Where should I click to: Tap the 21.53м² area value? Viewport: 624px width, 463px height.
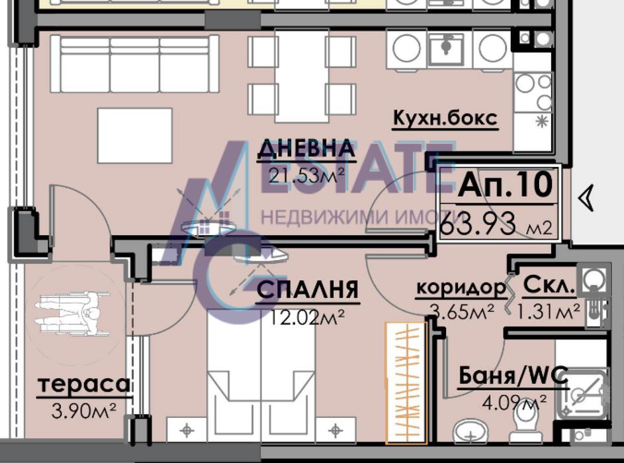click(x=306, y=175)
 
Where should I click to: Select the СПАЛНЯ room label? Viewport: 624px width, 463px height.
click(x=307, y=290)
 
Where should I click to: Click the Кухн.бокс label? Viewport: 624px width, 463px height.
click(x=444, y=119)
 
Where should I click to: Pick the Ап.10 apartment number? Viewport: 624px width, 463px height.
click(x=504, y=185)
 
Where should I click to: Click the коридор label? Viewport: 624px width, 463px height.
click(x=460, y=288)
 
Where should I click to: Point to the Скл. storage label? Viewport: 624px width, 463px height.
click(x=549, y=287)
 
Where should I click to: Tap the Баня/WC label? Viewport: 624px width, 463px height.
click(x=513, y=377)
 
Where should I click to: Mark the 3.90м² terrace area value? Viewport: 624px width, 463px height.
click(x=83, y=409)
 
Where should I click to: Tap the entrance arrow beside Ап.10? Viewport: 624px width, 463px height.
click(x=586, y=198)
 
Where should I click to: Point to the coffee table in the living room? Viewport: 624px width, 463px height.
click(x=134, y=135)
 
